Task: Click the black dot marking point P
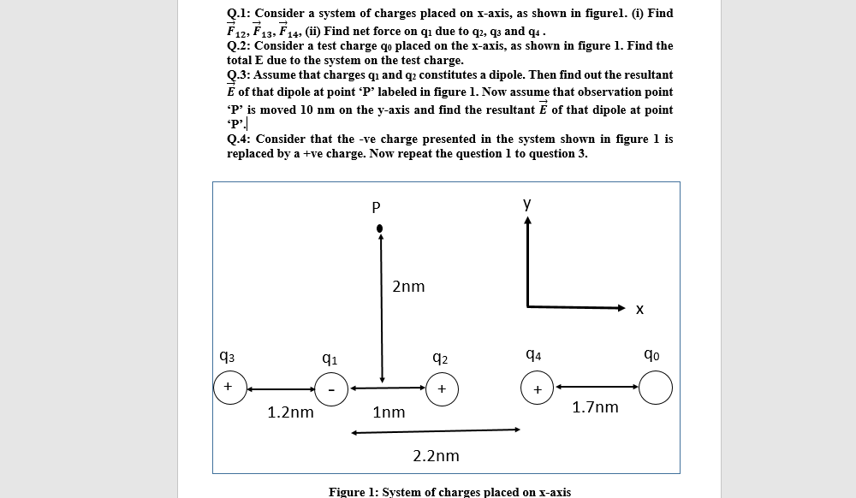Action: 381,228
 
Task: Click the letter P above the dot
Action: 375,206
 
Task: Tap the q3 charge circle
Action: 229,388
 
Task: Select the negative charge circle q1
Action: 330,388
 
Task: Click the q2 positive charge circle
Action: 441,388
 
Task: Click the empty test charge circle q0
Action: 656,388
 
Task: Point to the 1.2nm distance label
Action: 290,412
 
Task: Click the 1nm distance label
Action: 389,412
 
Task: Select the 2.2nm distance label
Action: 436,456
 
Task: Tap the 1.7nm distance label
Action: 595,407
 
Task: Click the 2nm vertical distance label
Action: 408,287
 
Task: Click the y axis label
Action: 527,204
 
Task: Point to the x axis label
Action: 639,310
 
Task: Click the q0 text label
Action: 651,354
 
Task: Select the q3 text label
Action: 227,356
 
